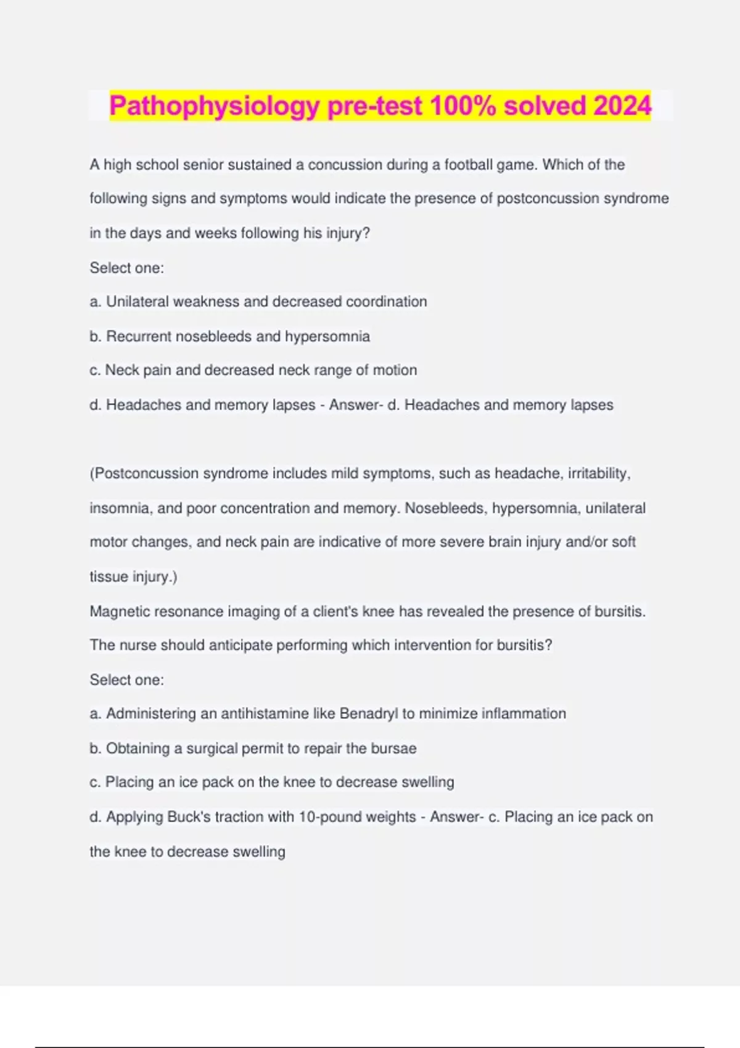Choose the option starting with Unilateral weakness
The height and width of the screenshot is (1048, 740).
(x=258, y=301)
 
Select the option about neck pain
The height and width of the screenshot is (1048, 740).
(x=253, y=370)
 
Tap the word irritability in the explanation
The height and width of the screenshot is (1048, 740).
(x=598, y=473)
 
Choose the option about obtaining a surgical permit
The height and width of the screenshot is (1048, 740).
(x=253, y=748)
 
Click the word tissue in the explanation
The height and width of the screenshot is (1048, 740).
(x=109, y=577)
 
